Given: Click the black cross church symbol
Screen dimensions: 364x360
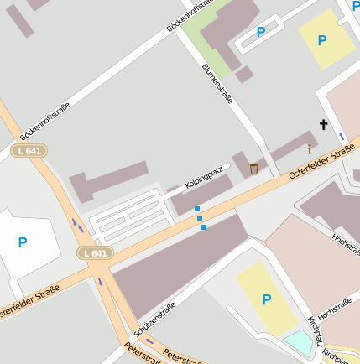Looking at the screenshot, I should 323,125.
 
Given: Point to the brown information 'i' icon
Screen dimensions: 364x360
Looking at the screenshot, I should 309,149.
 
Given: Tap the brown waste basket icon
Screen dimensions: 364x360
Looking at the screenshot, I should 253,169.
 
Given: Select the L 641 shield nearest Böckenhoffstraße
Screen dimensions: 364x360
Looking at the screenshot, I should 29,151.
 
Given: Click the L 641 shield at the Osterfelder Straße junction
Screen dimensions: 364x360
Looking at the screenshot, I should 95,252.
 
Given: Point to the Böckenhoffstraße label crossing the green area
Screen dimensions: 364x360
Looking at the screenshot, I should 191,16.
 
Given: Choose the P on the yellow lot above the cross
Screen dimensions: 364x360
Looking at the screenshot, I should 322,39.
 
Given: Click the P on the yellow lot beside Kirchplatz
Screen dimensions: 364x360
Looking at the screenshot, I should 266,299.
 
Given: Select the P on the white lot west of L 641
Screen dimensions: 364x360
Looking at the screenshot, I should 23,242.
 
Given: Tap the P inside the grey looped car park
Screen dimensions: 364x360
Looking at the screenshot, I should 261,32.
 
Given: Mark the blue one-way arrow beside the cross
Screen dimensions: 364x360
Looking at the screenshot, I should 342,135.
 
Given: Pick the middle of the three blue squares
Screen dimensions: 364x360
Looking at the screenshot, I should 200,218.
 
